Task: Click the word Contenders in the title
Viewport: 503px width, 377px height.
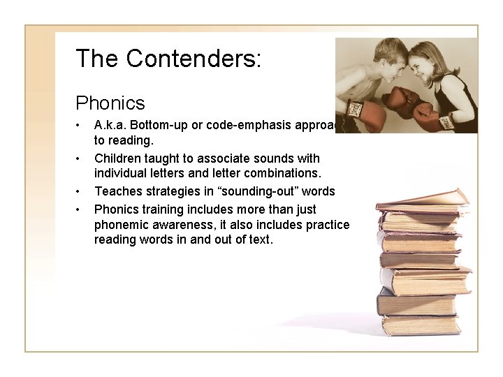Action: pos(194,58)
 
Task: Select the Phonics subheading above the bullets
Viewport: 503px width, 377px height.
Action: pos(110,103)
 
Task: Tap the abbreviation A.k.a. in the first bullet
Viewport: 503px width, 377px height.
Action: pos(111,126)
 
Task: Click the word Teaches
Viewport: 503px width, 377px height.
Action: pos(116,191)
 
